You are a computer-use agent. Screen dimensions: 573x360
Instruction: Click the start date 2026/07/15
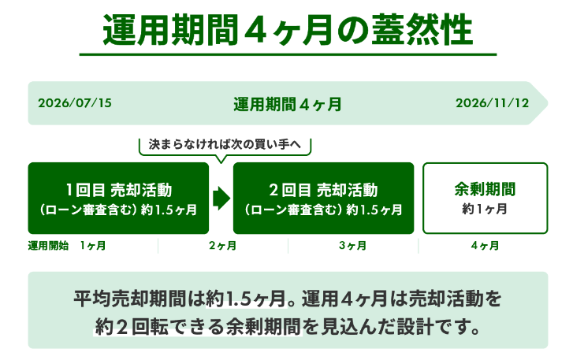point(75,103)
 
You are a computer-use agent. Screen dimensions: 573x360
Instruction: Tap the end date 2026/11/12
point(493,103)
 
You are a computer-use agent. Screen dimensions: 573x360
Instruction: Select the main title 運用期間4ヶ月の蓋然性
point(288,30)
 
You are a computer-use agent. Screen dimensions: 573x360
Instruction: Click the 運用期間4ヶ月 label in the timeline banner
point(288,105)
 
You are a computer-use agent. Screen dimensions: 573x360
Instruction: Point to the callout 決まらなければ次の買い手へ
point(225,144)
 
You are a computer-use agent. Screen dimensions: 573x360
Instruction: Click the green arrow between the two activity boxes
point(221,199)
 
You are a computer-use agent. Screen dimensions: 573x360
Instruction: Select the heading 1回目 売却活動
point(119,190)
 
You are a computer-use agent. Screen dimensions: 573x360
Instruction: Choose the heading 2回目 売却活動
point(323,190)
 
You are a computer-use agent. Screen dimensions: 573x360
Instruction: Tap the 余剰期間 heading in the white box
point(485,189)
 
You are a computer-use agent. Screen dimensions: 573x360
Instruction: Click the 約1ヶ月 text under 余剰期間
point(485,209)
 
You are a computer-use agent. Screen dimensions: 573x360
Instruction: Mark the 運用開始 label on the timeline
point(48,246)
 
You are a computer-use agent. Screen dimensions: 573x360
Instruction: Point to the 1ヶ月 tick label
point(93,246)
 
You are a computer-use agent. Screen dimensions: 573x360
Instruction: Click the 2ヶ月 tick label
point(222,246)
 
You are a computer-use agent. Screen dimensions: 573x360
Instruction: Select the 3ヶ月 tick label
point(352,246)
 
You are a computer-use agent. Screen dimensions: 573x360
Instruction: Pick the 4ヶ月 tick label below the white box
point(485,246)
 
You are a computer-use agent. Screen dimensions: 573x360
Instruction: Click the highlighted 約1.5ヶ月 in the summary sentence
point(246,299)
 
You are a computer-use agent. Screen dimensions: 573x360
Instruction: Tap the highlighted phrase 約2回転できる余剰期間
point(198,326)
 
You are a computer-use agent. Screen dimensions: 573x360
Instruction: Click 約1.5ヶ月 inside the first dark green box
point(169,210)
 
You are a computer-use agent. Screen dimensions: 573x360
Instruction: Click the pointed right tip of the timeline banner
point(548,103)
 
